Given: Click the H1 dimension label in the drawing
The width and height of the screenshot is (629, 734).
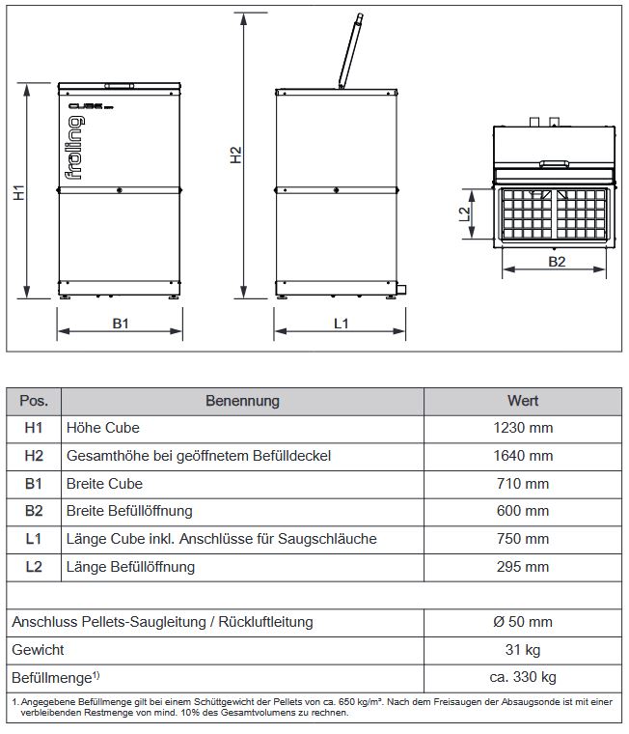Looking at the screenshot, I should pos(18,193).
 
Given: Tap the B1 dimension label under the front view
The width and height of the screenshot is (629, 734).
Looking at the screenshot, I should pos(121,324).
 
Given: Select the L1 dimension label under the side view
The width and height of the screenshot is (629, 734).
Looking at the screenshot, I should pos(341,324).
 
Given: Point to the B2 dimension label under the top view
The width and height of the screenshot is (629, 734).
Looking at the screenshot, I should pos(557,262).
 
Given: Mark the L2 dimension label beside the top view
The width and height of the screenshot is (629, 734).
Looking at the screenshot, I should pos(464,213).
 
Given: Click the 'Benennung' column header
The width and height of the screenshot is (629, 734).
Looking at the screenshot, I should pos(242,400).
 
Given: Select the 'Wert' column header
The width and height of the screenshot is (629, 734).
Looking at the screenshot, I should pos(523,400).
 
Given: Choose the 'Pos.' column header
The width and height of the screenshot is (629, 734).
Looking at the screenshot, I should pos(34,400).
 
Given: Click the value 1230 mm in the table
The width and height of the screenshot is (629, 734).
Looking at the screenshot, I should pos(523,428).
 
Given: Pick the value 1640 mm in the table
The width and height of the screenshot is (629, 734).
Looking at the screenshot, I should pos(523,456).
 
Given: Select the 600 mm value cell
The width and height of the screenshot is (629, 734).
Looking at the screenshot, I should pos(523,511).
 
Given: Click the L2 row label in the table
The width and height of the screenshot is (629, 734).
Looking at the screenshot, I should pos(34,567).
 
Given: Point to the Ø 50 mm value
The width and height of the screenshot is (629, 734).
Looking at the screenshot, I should pos(523,623).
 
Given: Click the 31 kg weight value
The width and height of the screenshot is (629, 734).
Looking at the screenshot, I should pos(523,650).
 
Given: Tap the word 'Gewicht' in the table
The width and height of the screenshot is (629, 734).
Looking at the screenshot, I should pos(38,650).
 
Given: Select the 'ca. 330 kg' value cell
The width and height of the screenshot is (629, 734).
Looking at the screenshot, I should pos(523,678).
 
